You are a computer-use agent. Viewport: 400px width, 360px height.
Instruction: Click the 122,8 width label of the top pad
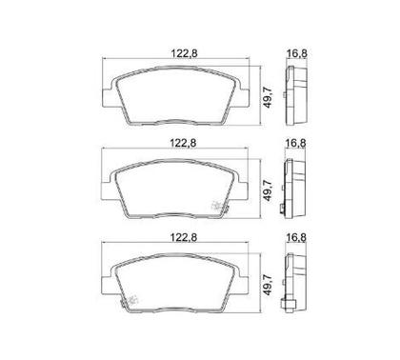coord(185,53)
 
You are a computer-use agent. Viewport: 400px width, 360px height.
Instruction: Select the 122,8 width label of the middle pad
coord(183,144)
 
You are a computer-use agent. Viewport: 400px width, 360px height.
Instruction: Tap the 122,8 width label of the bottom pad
coord(184,237)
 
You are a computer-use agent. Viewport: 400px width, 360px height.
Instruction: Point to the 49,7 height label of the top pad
coord(269,97)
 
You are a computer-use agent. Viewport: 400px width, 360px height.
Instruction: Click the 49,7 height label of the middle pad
coord(269,190)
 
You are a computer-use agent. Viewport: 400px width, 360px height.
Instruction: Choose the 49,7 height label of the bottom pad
coord(269,285)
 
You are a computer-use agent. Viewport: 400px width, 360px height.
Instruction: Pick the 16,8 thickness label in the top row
coord(297,53)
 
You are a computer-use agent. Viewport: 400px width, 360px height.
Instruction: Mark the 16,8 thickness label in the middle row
coord(295,144)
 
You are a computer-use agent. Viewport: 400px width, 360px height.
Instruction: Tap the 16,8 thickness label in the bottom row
coord(296,237)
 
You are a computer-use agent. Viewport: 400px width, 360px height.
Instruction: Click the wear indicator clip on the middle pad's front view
coord(220,207)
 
